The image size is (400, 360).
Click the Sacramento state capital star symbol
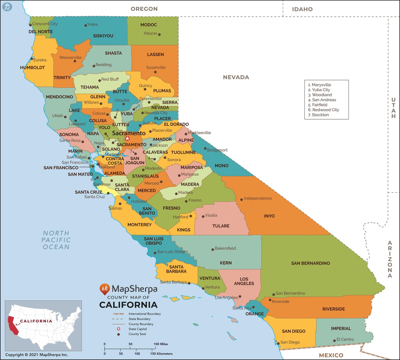pos(127,138)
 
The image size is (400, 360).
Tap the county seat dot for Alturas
pos(159,34)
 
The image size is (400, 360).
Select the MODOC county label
pos(148,25)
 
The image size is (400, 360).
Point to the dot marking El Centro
pos(334,340)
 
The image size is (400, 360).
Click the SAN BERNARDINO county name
pos(310,263)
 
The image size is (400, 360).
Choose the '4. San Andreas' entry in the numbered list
pos(322,100)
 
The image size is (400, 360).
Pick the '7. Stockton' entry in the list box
pos(318,115)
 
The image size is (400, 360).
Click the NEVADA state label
pos(236,77)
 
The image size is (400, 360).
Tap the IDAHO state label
pos(302,9)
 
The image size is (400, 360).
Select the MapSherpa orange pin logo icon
pos(104,289)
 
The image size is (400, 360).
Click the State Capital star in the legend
pos(118,329)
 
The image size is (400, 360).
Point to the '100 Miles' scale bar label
pos(160,344)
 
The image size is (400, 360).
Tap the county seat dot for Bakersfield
pos(212,249)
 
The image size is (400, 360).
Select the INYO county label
pos(269,216)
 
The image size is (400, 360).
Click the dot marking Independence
pos(241,199)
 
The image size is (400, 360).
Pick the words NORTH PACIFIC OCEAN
pos(56,240)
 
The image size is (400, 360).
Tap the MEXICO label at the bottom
pos(331,355)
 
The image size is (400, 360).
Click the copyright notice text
pos(36,354)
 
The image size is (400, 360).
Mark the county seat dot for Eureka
pos(32,59)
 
